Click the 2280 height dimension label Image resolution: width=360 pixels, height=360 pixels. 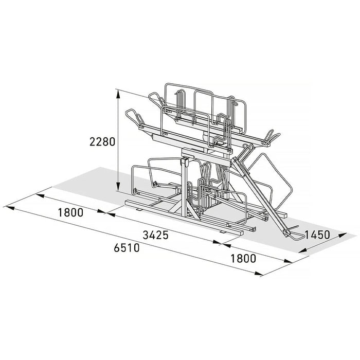pyautogui.click(x=102, y=141)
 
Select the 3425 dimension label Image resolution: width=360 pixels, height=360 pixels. pyautogui.click(x=156, y=235)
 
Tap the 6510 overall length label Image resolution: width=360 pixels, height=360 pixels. pyautogui.click(x=127, y=248)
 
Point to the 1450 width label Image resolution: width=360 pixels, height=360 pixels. pyautogui.click(x=317, y=235)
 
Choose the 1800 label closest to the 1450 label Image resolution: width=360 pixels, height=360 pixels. pyautogui.click(x=243, y=259)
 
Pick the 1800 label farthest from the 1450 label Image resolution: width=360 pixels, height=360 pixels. pyautogui.click(x=70, y=212)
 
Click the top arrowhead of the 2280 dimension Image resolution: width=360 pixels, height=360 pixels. pyautogui.click(x=118, y=94)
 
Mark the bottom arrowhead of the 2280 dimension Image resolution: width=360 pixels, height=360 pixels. pyautogui.click(x=118, y=186)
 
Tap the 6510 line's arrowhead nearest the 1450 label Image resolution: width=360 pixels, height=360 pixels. pyautogui.click(x=259, y=273)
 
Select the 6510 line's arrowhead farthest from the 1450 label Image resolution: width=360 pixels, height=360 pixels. pyautogui.click(x=10, y=208)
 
